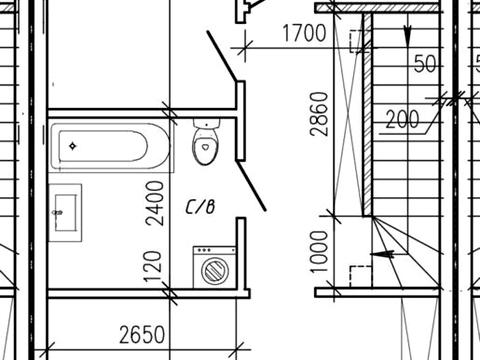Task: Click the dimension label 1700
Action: [x=304, y=33]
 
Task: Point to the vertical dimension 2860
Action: [x=319, y=114]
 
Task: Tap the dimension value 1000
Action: [x=319, y=252]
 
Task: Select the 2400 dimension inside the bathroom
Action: [x=155, y=203]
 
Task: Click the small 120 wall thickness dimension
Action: [x=154, y=267]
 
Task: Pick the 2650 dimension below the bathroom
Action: [x=142, y=335]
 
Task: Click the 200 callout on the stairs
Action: [x=402, y=120]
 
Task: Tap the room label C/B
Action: [x=200, y=207]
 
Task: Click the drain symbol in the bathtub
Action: [x=73, y=146]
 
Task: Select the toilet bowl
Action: [x=206, y=146]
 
